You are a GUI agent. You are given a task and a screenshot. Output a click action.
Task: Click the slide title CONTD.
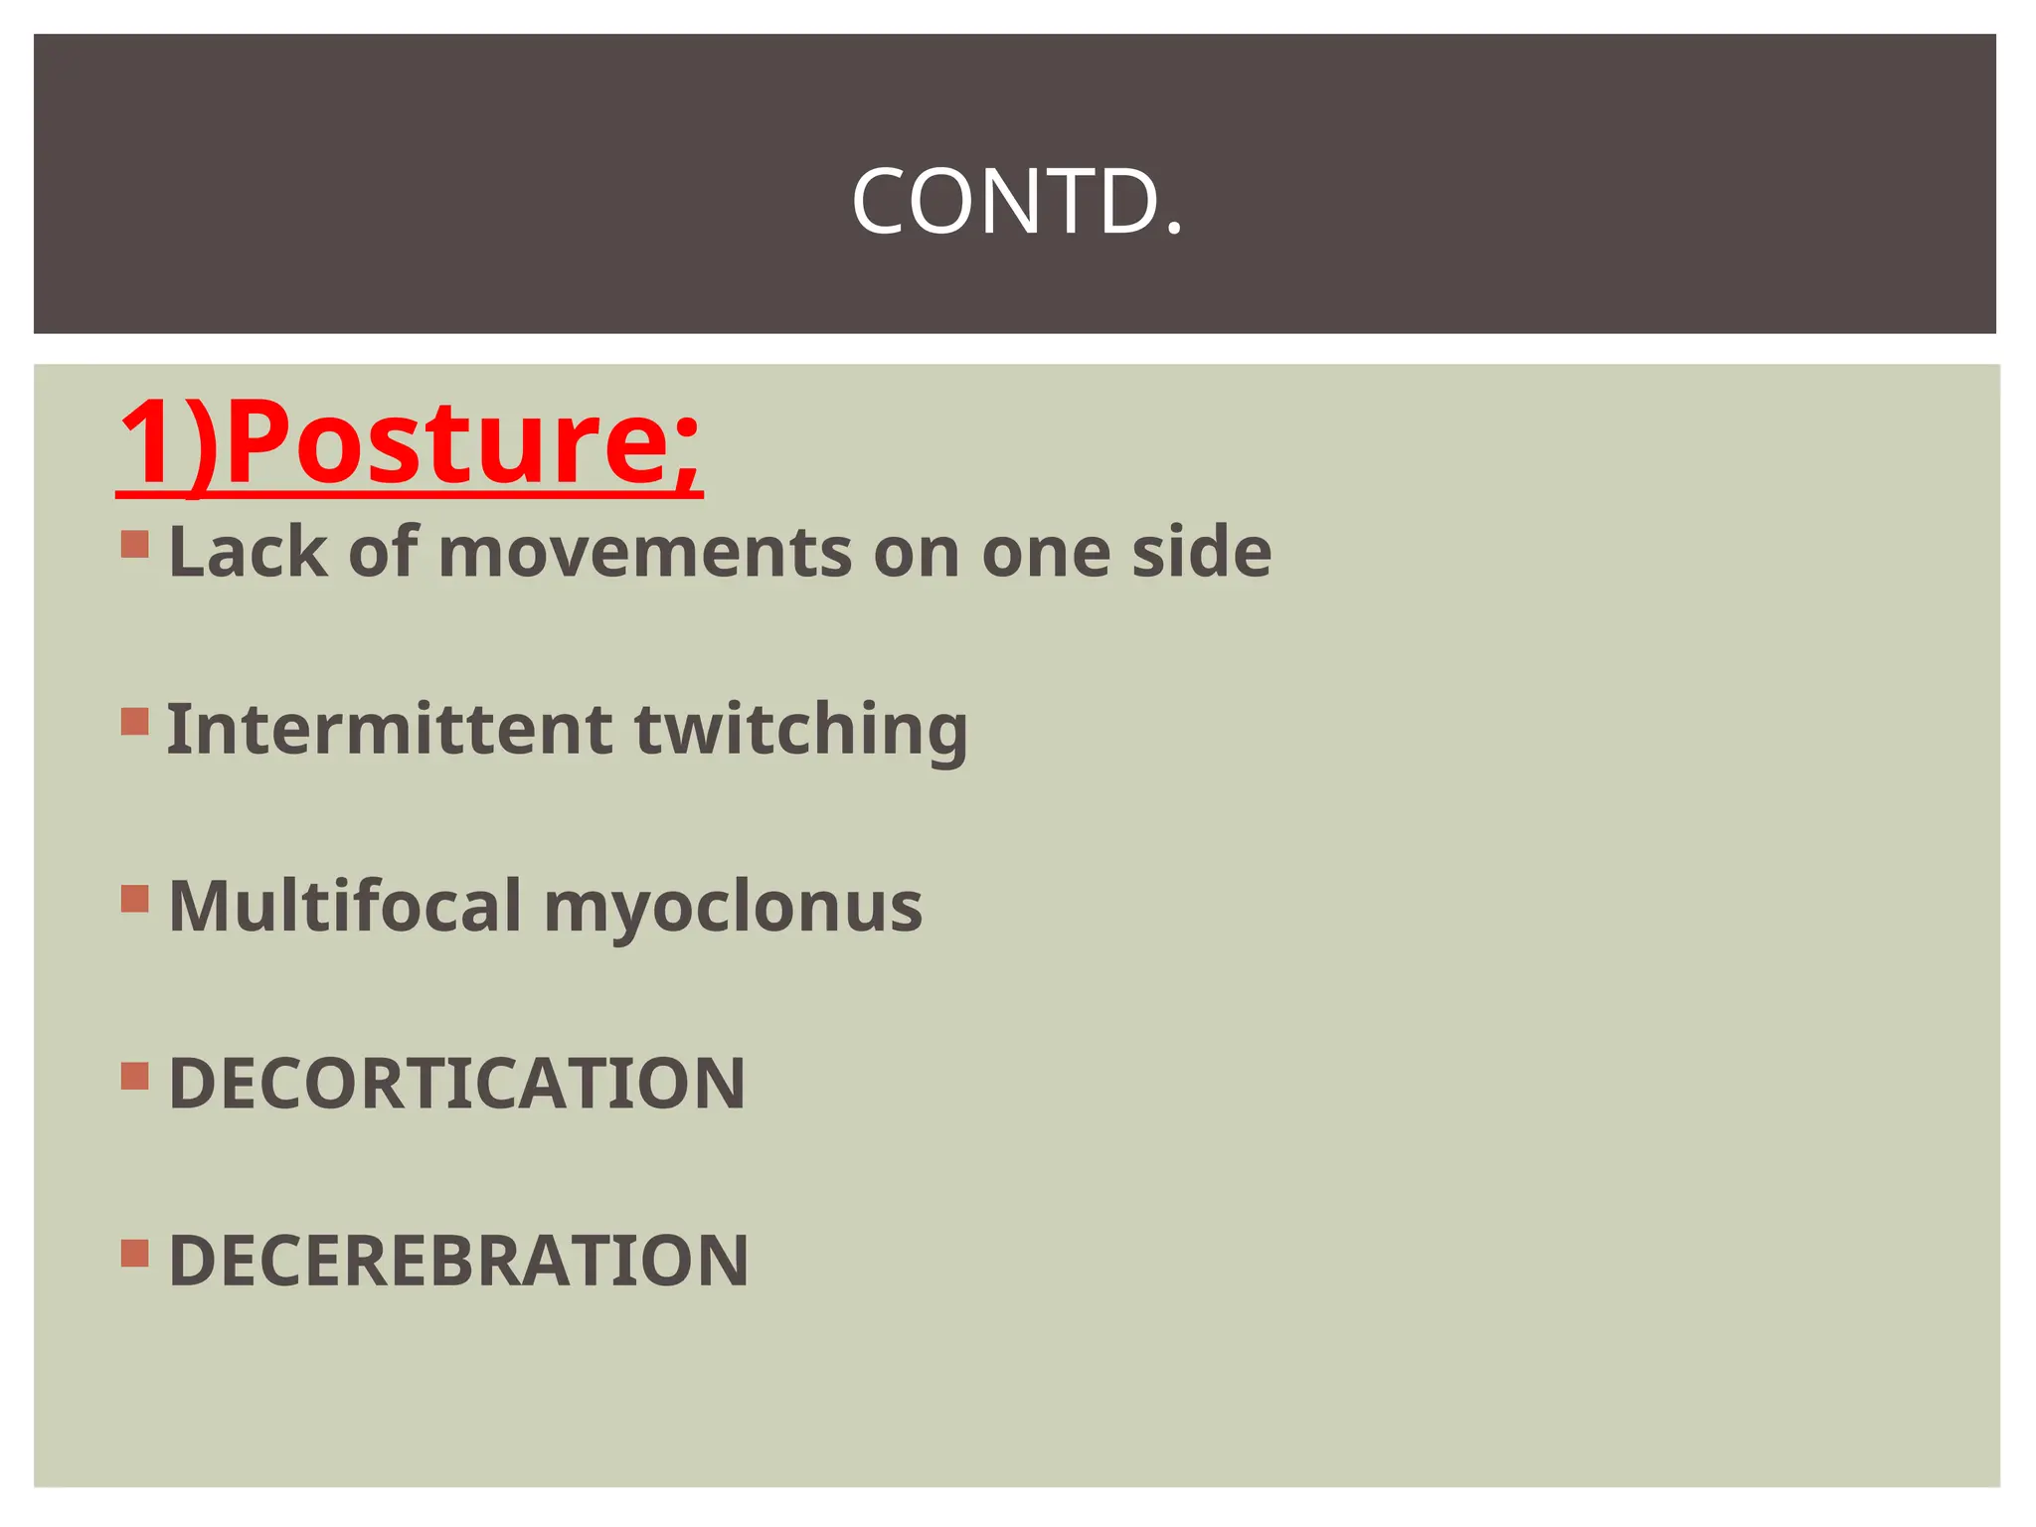pyautogui.click(x=1017, y=202)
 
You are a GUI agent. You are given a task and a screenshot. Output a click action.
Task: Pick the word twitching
pyautogui.click(x=800, y=731)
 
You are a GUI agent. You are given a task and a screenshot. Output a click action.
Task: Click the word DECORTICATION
pyautogui.click(x=457, y=1083)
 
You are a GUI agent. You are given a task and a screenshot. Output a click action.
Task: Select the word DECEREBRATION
pyautogui.click(x=458, y=1260)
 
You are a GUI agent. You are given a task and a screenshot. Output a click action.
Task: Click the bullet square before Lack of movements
pyautogui.click(x=135, y=544)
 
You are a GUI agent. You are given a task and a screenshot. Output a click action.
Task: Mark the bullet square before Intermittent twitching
pyautogui.click(x=135, y=721)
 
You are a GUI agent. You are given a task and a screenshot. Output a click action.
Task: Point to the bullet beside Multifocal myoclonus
pyautogui.click(x=135, y=899)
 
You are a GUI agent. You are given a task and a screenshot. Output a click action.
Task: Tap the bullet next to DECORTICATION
pyautogui.click(x=135, y=1076)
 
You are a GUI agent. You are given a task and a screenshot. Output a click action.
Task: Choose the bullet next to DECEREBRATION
pyautogui.click(x=135, y=1253)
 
